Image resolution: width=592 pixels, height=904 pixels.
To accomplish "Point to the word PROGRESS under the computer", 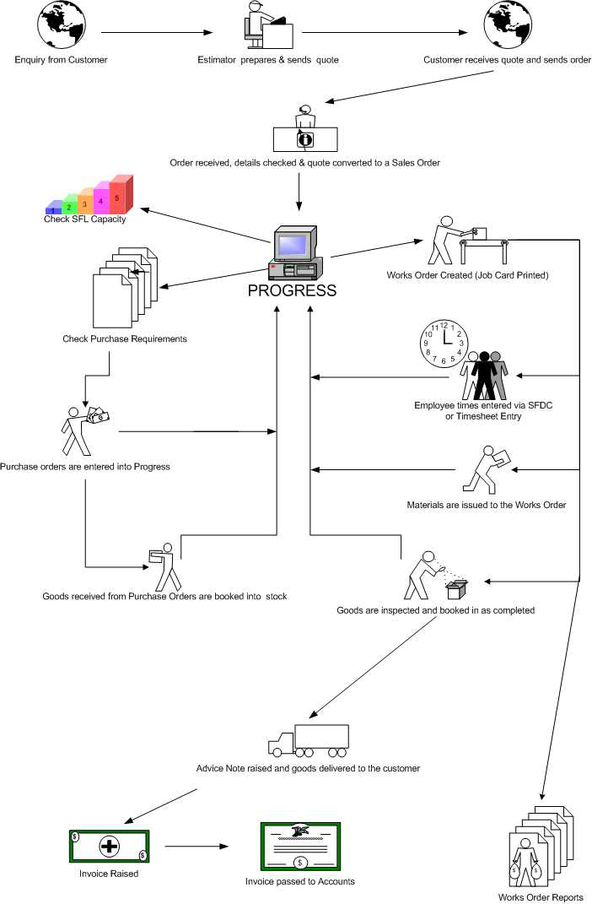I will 292,290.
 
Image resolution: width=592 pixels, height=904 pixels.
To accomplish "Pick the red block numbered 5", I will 121,194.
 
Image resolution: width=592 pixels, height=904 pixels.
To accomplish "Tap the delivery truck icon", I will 308,741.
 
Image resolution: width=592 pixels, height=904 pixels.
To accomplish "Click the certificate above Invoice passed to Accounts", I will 299,845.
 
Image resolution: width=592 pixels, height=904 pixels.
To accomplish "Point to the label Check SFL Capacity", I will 84,219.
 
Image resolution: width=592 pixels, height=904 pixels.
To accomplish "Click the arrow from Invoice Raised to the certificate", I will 197,846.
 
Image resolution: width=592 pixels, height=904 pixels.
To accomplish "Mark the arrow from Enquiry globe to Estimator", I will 157,34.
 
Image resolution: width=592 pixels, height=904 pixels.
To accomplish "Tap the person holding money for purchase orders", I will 83,429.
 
